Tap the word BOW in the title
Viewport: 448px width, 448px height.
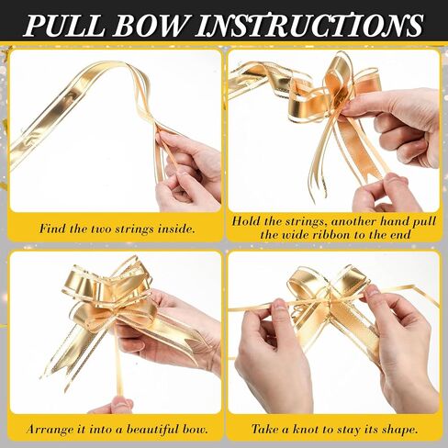[151, 25]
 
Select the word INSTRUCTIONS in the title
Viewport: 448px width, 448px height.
[309, 25]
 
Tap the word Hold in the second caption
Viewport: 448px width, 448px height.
[245, 221]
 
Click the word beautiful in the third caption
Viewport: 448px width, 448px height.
[153, 429]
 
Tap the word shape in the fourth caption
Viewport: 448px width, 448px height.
[399, 430]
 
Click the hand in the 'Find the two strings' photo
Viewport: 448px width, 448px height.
[187, 172]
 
